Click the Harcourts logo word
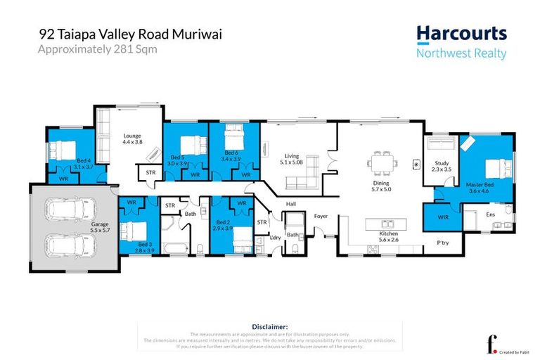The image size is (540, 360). [x=461, y=33]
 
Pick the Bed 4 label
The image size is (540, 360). [x=65, y=164]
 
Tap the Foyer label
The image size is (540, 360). [x=321, y=216]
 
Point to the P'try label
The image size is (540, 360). [x=443, y=243]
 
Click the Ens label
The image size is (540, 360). [x=490, y=214]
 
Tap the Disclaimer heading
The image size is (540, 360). [x=269, y=327]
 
